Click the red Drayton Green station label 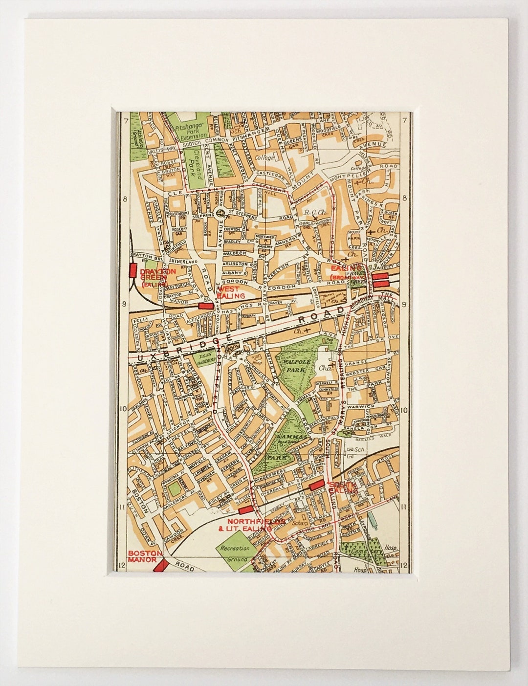153,277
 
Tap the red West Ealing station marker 206,306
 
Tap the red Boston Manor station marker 161,565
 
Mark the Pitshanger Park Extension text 185,132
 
